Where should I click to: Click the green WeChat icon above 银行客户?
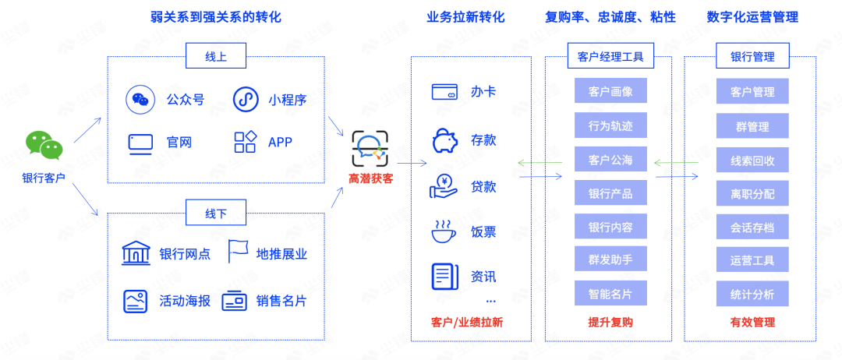(44, 145)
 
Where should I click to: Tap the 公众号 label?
(185, 100)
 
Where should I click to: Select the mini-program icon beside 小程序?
(246, 100)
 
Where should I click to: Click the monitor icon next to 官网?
(140, 143)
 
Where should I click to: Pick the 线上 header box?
(215, 56)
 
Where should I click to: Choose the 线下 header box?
(215, 213)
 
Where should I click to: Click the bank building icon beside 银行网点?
(136, 253)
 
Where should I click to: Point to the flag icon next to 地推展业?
(238, 252)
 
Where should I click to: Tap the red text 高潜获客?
(370, 179)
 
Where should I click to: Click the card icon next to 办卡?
(444, 92)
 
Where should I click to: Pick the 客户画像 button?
(610, 91)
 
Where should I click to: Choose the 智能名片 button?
(610, 294)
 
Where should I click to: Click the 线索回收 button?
(752, 161)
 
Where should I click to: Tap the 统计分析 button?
(752, 295)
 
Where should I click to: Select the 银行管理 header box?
(752, 56)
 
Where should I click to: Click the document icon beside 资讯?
(444, 277)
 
